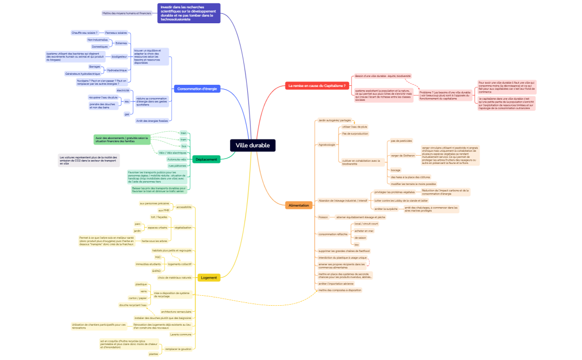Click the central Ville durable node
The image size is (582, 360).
coord(253,145)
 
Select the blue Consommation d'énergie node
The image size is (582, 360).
coord(197,89)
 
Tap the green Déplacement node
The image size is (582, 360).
coord(206,160)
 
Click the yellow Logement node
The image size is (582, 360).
coord(209,277)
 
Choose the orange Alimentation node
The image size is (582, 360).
coord(299,205)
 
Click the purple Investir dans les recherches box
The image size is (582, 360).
coord(189,13)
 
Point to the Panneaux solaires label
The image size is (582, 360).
coord(116,33)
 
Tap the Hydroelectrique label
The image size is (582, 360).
coord(117,70)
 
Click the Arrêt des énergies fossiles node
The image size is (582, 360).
coord(152,120)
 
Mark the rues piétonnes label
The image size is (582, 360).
coord(177,166)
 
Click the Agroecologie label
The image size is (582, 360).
coord(327,145)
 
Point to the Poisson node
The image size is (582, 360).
coord(323,217)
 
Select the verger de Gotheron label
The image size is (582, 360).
coord(403,156)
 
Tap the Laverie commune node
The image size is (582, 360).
coord(181,335)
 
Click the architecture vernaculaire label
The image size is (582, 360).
coord(176,311)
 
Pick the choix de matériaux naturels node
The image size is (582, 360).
coord(175,277)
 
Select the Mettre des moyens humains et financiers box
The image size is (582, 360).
coord(127,13)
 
